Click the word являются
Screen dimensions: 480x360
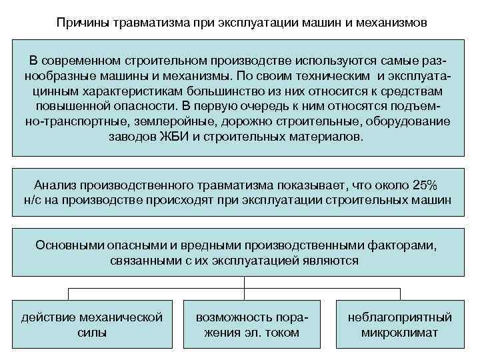coord(329,260)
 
